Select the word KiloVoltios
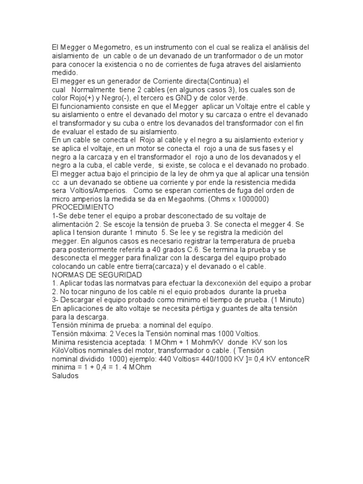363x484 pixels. (71, 351)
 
